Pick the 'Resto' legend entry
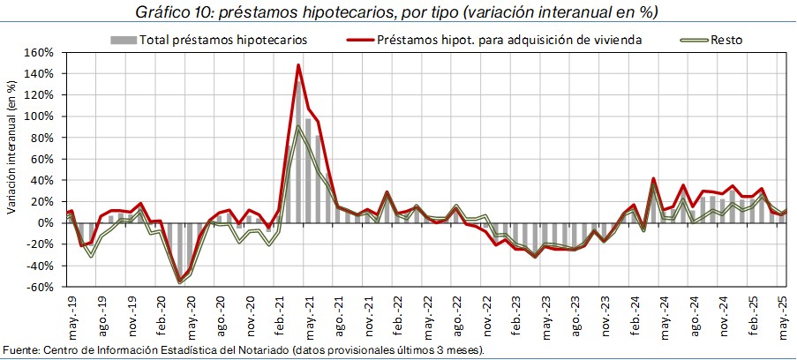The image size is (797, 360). [726, 40]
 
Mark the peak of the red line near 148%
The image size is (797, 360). [298, 64]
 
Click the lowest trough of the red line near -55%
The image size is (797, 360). [180, 281]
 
